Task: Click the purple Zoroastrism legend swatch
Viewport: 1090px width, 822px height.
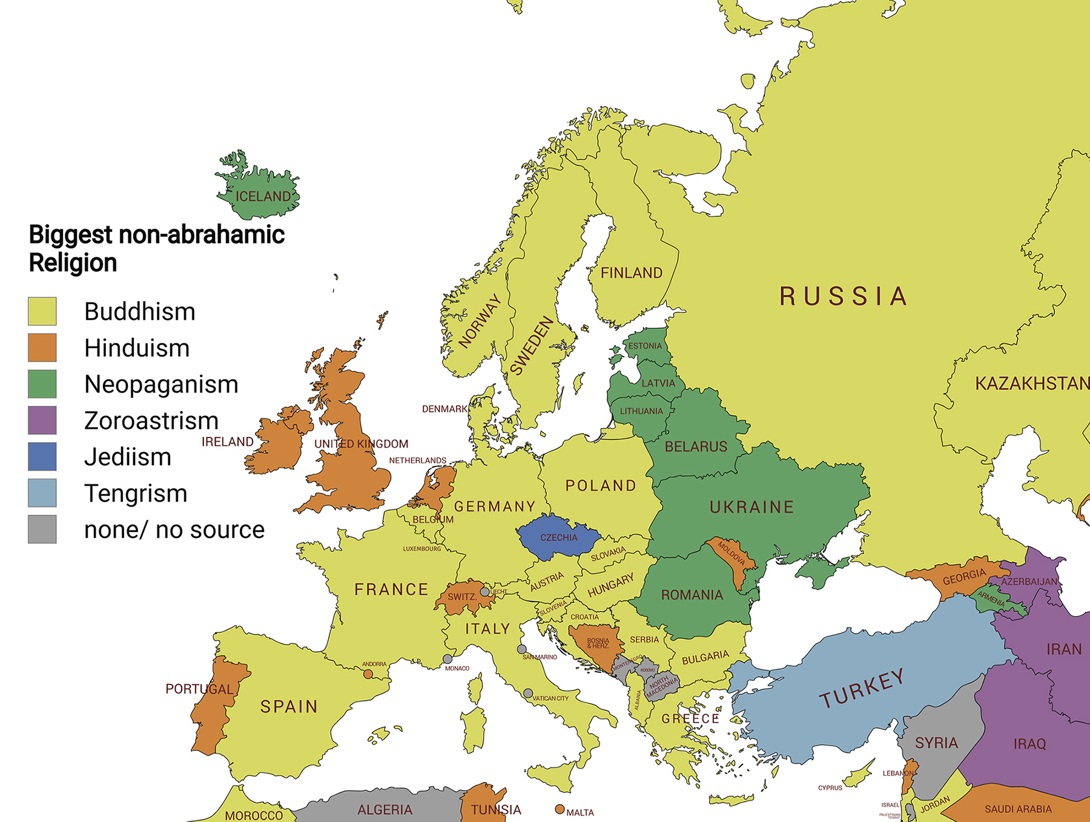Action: click(x=42, y=420)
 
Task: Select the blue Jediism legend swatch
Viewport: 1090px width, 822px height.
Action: click(x=42, y=457)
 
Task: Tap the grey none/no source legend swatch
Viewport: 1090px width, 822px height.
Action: click(x=42, y=529)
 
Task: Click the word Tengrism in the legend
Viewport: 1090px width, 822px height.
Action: click(x=136, y=494)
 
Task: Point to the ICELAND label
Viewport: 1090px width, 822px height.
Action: click(x=263, y=196)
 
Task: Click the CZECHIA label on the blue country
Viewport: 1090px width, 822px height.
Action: click(x=558, y=538)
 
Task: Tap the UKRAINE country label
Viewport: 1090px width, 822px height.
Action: click(x=751, y=507)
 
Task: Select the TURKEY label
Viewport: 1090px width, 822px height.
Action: click(x=862, y=689)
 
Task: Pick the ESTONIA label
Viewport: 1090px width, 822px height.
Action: click(x=645, y=346)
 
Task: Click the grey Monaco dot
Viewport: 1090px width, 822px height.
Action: click(x=448, y=659)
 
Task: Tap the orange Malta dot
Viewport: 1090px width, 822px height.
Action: click(x=560, y=809)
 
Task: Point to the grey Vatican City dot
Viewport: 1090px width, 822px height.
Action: click(x=528, y=693)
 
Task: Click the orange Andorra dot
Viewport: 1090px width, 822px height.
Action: click(x=368, y=674)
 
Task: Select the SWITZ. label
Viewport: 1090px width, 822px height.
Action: click(x=462, y=597)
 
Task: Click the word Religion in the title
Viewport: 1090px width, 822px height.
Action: click(x=73, y=263)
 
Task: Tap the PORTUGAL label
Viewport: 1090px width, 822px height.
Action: click(x=199, y=689)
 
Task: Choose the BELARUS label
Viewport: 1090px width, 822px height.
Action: click(x=696, y=447)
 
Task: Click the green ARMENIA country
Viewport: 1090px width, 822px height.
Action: click(x=993, y=598)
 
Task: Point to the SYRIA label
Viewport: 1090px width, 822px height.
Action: click(x=936, y=743)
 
